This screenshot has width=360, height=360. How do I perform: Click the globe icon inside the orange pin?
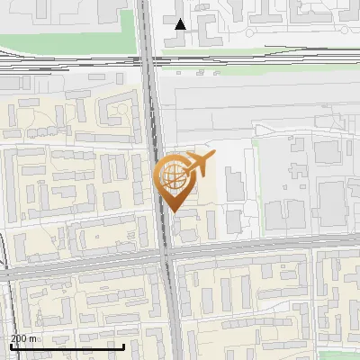click(x=174, y=174)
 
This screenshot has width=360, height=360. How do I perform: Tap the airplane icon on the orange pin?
click(x=199, y=165)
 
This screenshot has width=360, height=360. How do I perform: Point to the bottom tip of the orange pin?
click(x=175, y=211)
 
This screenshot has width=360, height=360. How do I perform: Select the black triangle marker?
click(x=181, y=24)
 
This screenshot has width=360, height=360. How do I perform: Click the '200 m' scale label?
click(x=23, y=338)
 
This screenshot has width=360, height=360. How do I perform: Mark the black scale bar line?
click(x=67, y=346)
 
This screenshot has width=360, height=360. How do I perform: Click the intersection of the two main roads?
click(x=166, y=253)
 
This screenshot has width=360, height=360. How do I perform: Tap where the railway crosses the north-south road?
click(x=149, y=63)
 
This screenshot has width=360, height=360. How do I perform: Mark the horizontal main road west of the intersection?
click(x=81, y=264)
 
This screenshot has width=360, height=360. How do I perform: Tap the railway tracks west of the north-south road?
click(x=72, y=65)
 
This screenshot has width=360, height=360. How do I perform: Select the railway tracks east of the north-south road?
click(x=261, y=62)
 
